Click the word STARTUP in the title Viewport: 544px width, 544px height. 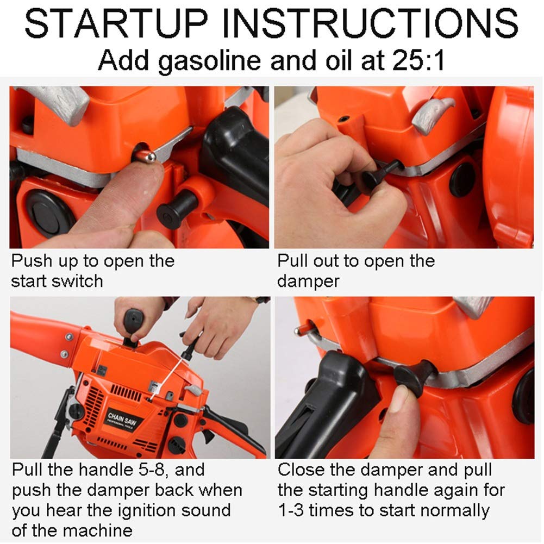(x=116, y=23)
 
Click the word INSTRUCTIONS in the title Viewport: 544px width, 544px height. (x=370, y=23)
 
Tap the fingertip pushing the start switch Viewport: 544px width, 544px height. (x=146, y=173)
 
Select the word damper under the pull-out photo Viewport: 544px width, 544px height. (x=308, y=282)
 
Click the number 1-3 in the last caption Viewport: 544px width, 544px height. (x=291, y=511)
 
